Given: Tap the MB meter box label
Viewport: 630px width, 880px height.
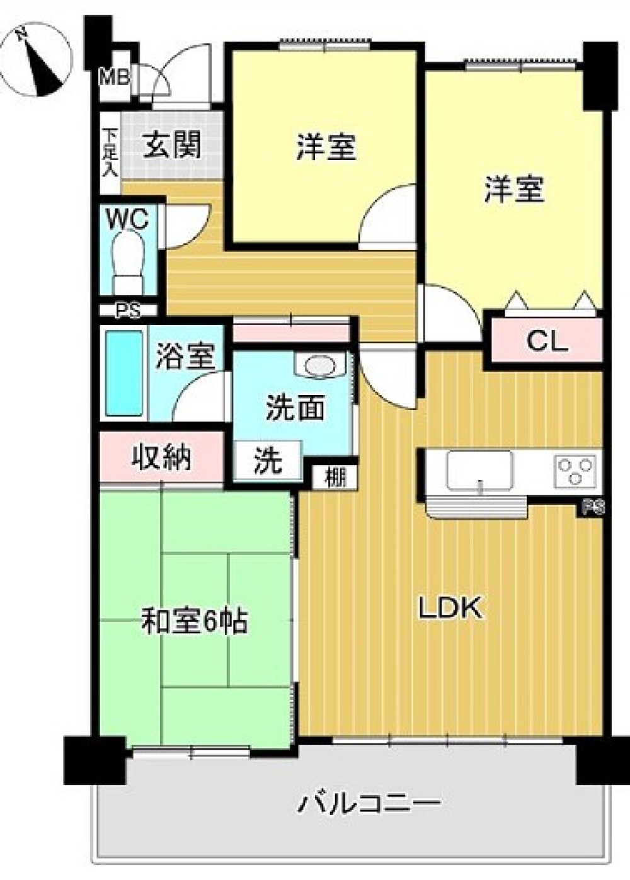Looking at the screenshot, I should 116,77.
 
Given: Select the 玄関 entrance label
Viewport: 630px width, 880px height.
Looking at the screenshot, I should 172,145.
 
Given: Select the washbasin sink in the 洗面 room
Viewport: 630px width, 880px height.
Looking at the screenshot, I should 320,365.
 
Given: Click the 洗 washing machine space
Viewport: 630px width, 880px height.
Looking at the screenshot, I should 268,461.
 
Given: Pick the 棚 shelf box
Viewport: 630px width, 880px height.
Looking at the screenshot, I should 335,478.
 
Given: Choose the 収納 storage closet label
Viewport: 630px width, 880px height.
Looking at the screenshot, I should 161,457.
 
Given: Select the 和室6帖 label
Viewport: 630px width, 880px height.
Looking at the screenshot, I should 194,622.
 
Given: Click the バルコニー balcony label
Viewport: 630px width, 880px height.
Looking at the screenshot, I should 369,803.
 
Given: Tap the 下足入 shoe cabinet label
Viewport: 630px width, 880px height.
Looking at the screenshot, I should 110,152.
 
